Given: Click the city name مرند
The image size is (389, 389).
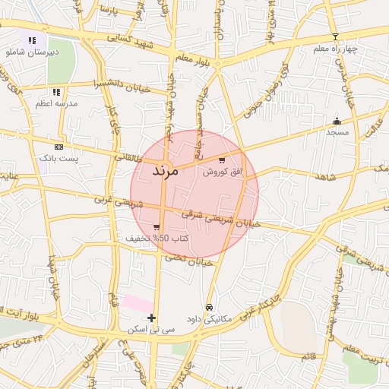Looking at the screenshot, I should coord(165,171).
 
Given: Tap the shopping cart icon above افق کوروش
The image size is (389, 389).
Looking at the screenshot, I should coord(221,160).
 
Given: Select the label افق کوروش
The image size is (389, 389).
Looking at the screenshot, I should coord(221,172).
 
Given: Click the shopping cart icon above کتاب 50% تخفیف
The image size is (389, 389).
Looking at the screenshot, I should coord(157,227).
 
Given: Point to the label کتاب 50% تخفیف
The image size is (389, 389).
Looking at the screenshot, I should coord(157,239).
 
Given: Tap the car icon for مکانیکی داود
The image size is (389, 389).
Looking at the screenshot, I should coord(209,308).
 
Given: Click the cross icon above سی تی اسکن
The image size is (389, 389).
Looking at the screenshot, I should coord(152,318).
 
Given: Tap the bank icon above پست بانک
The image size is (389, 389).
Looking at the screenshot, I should coord(59,146).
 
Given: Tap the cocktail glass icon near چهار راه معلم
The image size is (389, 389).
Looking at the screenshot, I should coord(335,36).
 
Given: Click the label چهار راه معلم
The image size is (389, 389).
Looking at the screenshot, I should coord(335,49).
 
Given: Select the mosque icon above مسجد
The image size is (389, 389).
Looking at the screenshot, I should coord(337,121).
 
